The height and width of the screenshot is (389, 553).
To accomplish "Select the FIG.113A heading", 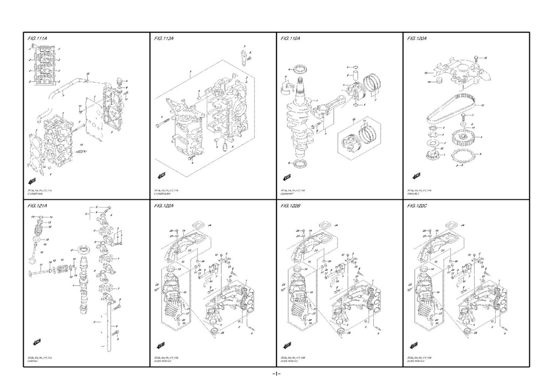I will (x=166, y=39).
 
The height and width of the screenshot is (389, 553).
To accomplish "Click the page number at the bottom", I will (x=275, y=374).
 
